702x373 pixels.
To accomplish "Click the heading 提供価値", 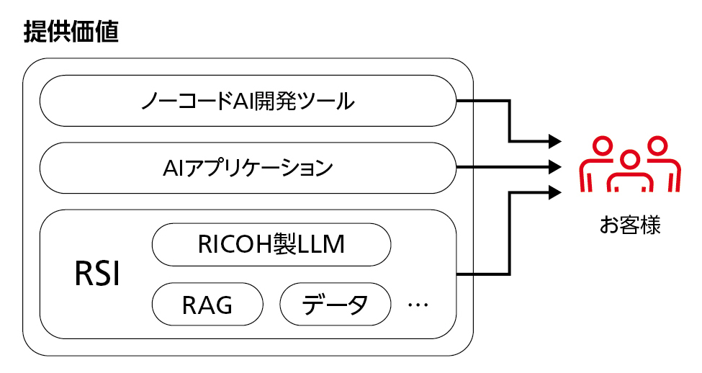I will (x=71, y=32).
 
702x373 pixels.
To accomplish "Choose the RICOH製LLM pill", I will (x=271, y=246).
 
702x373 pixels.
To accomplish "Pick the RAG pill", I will (x=207, y=305).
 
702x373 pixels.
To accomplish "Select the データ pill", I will (x=335, y=305).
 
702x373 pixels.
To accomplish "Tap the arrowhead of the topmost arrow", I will (x=555, y=140).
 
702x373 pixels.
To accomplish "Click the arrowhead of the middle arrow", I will (x=555, y=167).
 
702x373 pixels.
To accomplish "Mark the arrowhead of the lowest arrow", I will (x=555, y=192).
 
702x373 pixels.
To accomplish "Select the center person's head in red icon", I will (x=630, y=159).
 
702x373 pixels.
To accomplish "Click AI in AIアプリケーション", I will (x=174, y=168).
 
